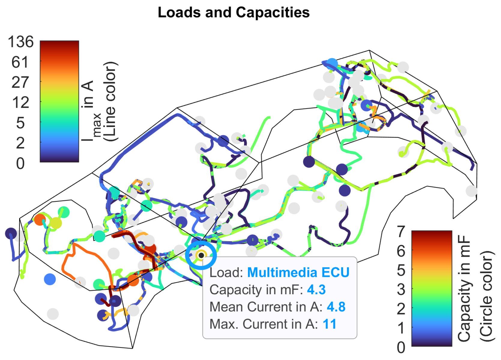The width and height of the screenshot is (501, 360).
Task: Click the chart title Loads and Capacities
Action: pos(234,13)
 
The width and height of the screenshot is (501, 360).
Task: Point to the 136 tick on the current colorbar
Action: pos(21,42)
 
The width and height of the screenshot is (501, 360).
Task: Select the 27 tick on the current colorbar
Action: pos(20,82)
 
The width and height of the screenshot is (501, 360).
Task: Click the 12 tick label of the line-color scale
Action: pos(20,103)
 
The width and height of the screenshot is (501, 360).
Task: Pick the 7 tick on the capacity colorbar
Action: pos(401,231)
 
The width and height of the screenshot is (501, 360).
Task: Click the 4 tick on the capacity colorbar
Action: pos(401,289)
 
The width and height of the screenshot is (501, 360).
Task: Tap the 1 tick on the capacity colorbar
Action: pos(401,328)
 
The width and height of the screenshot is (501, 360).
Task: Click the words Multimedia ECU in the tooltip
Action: pos(298,273)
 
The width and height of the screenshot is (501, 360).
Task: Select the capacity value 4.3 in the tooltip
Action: pos(316,290)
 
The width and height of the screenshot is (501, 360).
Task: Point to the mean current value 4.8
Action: pos(336,307)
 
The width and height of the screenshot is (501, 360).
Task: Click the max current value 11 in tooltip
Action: pos(330,324)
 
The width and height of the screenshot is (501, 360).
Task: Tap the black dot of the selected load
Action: pos(201,255)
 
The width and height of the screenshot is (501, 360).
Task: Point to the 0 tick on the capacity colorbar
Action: pos(401,347)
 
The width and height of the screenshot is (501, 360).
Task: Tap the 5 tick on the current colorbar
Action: pos(20,123)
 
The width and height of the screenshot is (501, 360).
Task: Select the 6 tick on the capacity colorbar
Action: pos(401,251)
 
